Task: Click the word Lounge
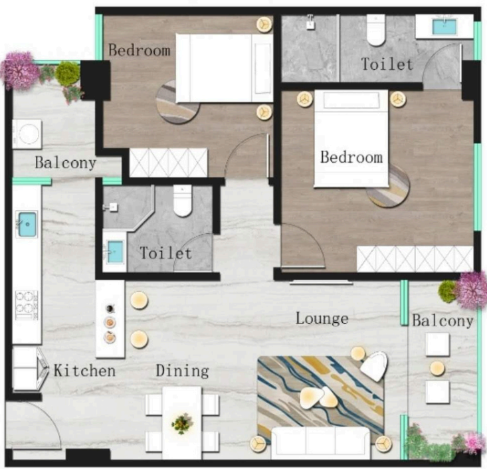tap(322, 319)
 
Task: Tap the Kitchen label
tap(84, 371)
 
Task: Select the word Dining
tap(182, 371)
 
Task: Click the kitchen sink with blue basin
tap(27, 224)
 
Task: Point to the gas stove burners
tap(27, 305)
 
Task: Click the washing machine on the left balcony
tap(27, 134)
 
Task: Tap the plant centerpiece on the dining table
tap(182, 423)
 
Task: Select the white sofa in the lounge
tap(320, 442)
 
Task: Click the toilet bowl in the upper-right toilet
tap(376, 30)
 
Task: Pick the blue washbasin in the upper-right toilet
tap(444, 27)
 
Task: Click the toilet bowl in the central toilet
tap(182, 201)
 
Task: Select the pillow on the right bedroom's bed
tap(351, 100)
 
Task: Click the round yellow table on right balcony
tap(437, 369)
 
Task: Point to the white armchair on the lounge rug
tap(375, 366)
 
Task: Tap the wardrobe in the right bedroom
tap(415, 258)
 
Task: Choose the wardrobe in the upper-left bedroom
tap(168, 163)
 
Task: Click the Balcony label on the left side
tap(65, 163)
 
